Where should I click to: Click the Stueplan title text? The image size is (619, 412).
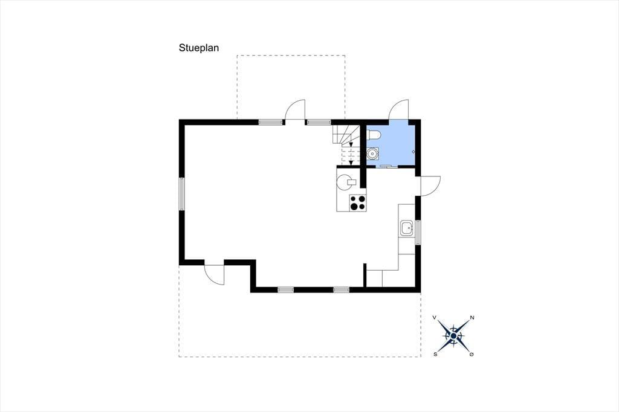pyautogui.click(x=198, y=48)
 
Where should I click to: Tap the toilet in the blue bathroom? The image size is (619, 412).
pyautogui.click(x=373, y=135)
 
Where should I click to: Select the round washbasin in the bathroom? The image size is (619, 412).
pyautogui.click(x=373, y=154)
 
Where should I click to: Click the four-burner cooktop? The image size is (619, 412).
pyautogui.click(x=357, y=203)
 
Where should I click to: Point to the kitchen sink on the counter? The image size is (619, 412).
pyautogui.click(x=407, y=228)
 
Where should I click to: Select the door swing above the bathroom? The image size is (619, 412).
pyautogui.click(x=399, y=111)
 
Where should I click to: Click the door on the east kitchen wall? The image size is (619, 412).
pyautogui.click(x=430, y=185)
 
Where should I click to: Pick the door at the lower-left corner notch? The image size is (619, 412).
pyautogui.click(x=215, y=274)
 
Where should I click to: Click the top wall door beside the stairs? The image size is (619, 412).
pyautogui.click(x=295, y=111)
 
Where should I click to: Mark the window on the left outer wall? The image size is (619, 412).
pyautogui.click(x=181, y=193)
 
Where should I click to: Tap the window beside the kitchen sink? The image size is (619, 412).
pyautogui.click(x=418, y=232)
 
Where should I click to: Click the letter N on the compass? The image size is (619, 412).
pyautogui.click(x=472, y=318)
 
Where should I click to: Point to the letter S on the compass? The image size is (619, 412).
pyautogui.click(x=435, y=354)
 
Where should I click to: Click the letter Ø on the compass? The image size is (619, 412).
pyautogui.click(x=472, y=354)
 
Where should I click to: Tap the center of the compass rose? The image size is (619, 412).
pyautogui.click(x=453, y=335)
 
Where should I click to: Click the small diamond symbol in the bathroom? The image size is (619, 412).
pyautogui.click(x=413, y=151)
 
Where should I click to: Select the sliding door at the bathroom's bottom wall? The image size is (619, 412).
pyautogui.click(x=384, y=166)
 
